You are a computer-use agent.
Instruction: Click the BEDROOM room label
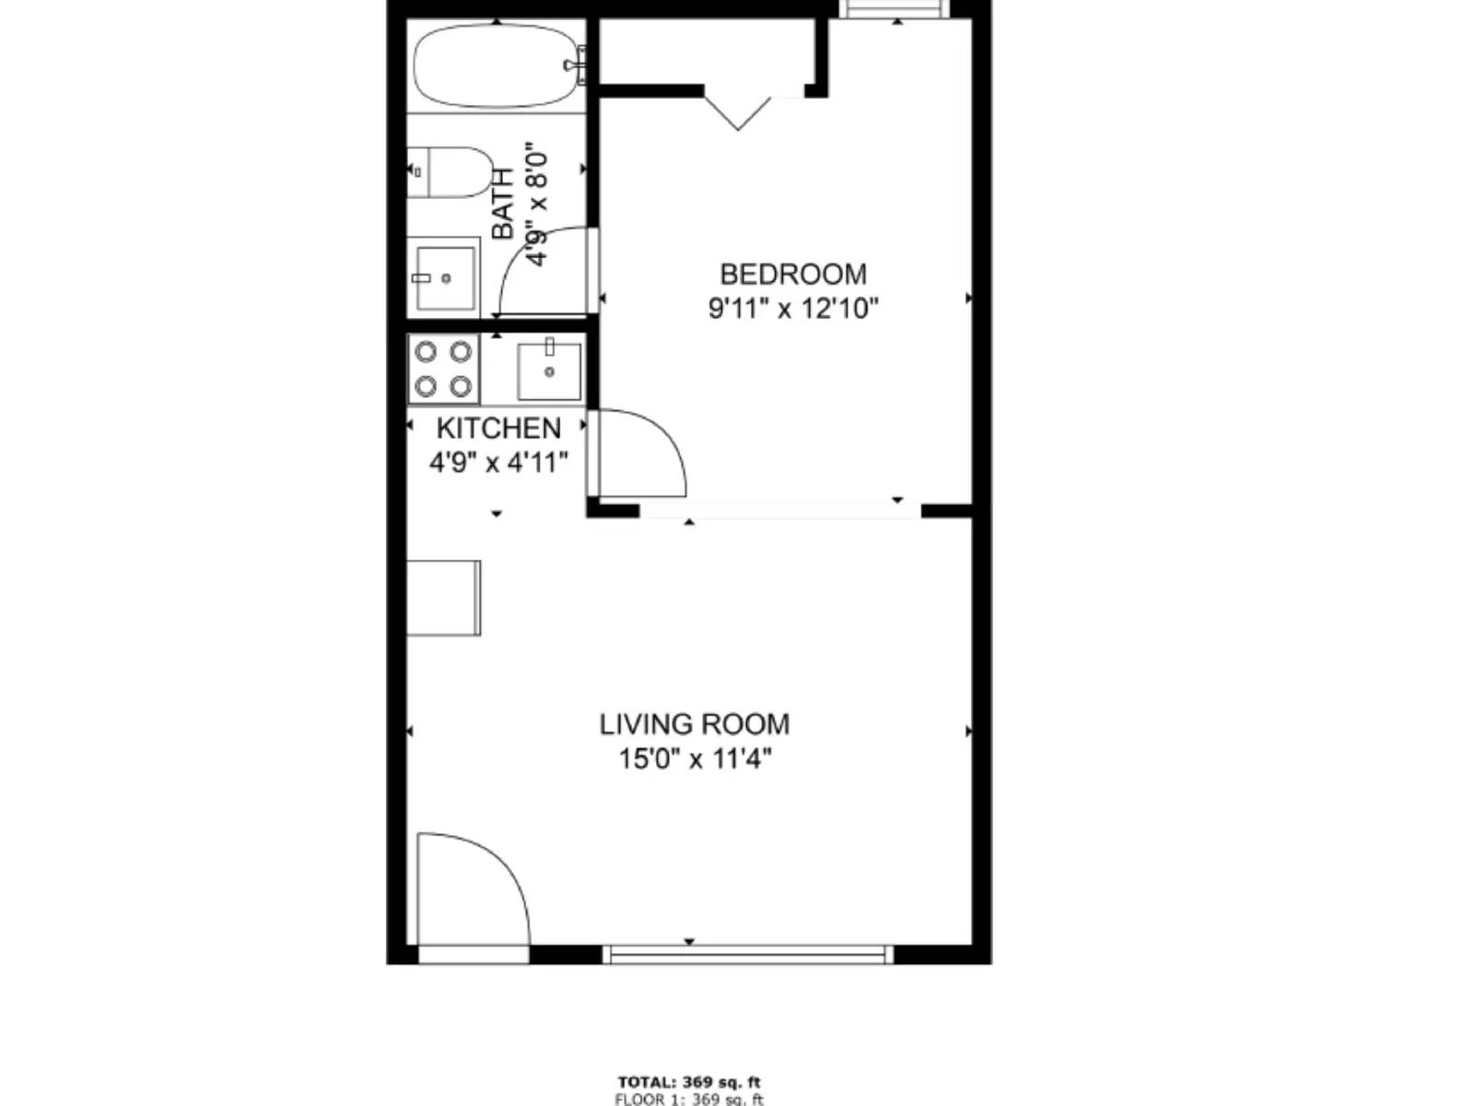(793, 274)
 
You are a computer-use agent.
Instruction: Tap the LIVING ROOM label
(695, 724)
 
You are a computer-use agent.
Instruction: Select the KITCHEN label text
(498, 428)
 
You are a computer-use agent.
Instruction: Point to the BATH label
(502, 204)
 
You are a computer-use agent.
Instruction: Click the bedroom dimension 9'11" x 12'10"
(793, 309)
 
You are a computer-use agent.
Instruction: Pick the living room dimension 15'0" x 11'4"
(695, 759)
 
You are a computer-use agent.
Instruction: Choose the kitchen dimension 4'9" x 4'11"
(498, 463)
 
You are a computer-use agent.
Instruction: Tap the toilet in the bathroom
(450, 172)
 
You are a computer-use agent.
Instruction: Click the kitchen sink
(549, 371)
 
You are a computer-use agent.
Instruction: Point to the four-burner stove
(443, 369)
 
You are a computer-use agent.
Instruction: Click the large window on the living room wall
(747, 954)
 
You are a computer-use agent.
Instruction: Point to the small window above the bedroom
(895, 8)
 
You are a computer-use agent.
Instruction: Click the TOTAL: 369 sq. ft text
(689, 1082)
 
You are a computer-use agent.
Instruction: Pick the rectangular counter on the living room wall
(444, 597)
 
